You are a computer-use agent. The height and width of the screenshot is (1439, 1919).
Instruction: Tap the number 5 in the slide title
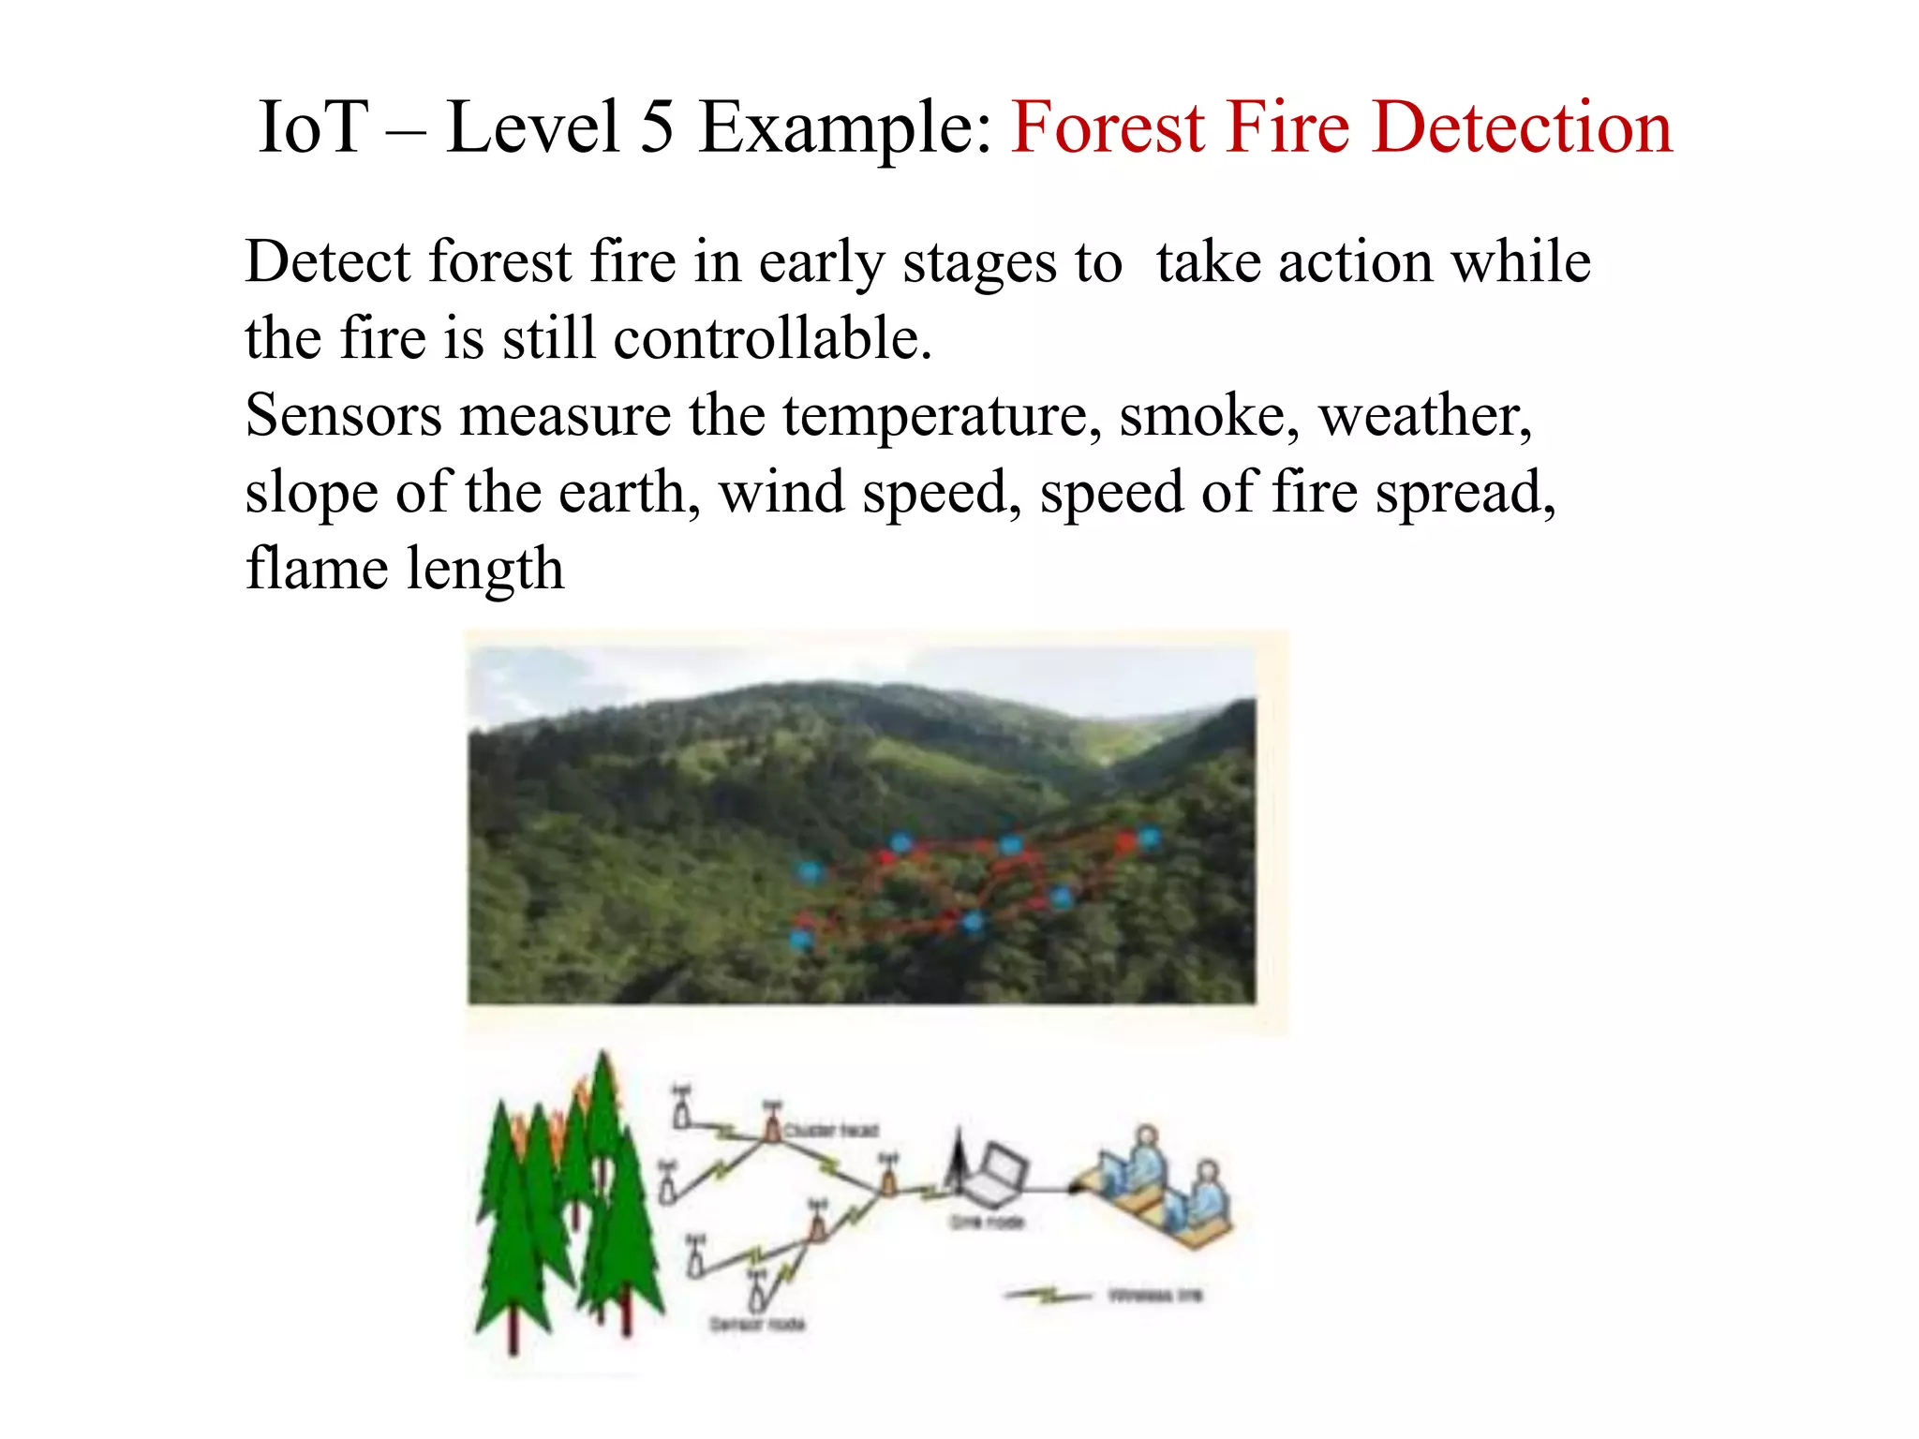pyautogui.click(x=658, y=127)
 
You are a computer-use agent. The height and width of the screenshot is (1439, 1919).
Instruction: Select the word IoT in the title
pyautogui.click(x=313, y=127)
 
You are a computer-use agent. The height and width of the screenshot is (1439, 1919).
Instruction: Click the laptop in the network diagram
pyautogui.click(x=999, y=1173)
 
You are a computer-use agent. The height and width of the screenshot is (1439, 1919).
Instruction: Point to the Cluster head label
pyautogui.click(x=831, y=1131)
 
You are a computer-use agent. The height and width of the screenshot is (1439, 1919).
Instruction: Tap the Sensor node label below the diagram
pyautogui.click(x=757, y=1324)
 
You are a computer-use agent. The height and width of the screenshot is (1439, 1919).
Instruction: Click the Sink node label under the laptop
pyautogui.click(x=988, y=1222)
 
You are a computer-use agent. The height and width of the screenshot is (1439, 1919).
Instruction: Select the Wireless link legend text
pyautogui.click(x=1154, y=1296)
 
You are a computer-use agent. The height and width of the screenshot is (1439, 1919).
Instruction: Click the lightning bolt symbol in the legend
pyautogui.click(x=1048, y=1296)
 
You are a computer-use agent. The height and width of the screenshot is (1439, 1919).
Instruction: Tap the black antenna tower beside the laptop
pyautogui.click(x=958, y=1162)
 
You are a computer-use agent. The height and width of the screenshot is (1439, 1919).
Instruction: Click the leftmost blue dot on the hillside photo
pyautogui.click(x=802, y=937)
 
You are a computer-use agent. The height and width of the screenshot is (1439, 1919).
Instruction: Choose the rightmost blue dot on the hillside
pyautogui.click(x=1149, y=837)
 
